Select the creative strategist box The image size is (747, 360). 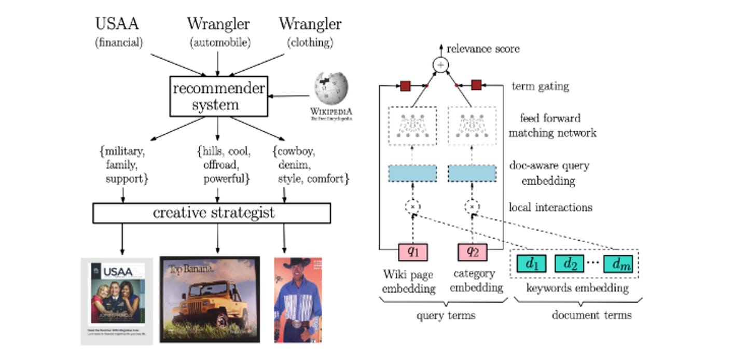[x=212, y=212]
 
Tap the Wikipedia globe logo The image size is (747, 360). [x=331, y=89]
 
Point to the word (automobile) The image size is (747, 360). [x=218, y=43]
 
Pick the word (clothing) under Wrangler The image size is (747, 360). [x=310, y=43]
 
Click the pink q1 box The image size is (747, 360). [x=412, y=252]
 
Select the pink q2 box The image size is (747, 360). [x=471, y=252]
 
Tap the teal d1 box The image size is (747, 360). [x=532, y=264]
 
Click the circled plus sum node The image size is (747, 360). [x=441, y=65]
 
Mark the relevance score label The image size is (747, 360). [x=483, y=49]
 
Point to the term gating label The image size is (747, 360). [x=540, y=87]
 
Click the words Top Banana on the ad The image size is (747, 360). [x=191, y=270]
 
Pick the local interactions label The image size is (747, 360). [x=550, y=207]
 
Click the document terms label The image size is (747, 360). [x=591, y=314]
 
